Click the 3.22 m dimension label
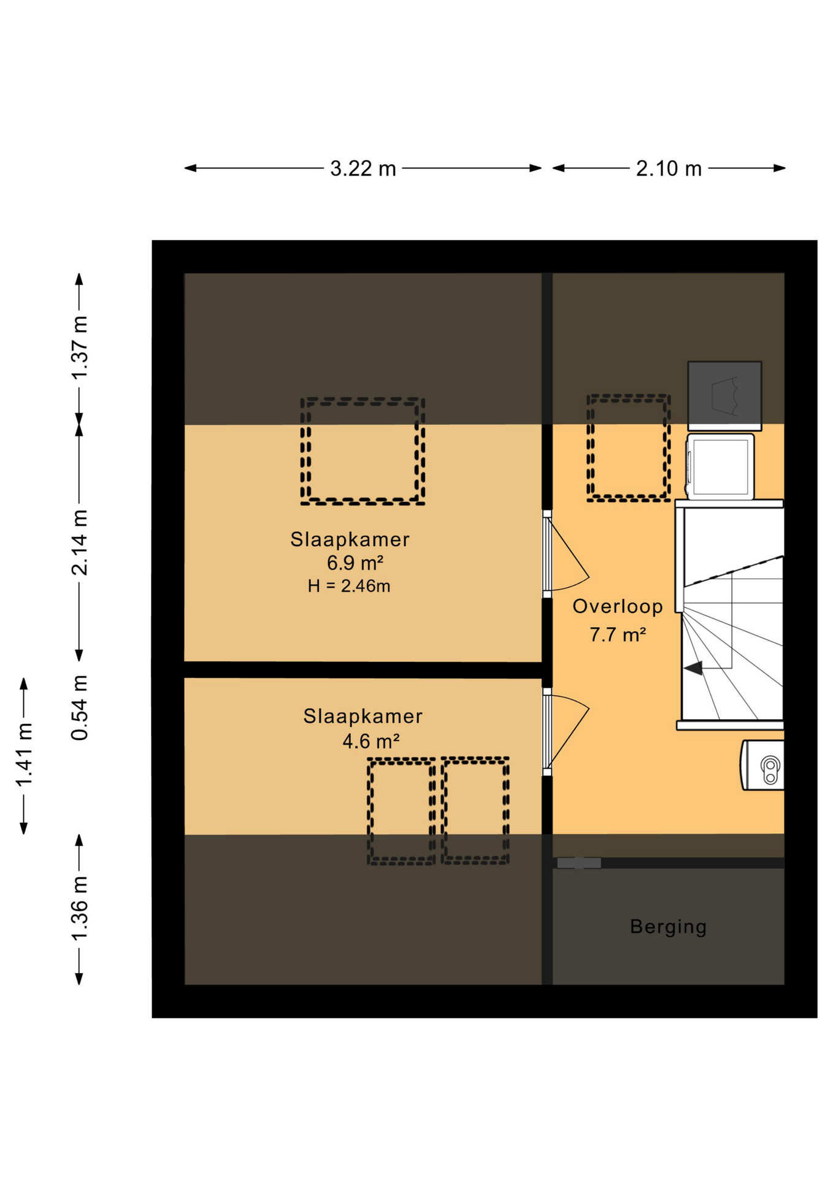click(363, 168)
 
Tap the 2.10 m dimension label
click(669, 168)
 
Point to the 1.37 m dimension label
click(80, 347)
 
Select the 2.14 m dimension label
click(80, 542)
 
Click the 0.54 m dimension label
click(80, 708)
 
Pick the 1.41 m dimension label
click(25, 755)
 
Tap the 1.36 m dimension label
click(80, 909)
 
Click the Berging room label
click(668, 926)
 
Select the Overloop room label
click(618, 606)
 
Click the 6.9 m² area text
click(355, 563)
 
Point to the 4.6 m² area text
click(371, 741)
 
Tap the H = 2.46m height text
click(349, 586)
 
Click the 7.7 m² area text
click(618, 634)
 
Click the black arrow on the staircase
click(694, 668)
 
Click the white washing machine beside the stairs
click(720, 466)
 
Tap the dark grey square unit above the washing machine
click(724, 395)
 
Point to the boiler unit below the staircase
click(762, 764)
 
